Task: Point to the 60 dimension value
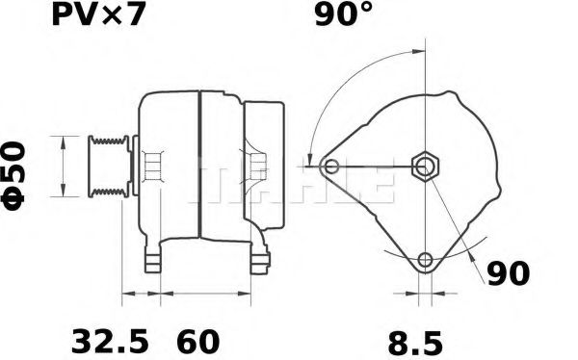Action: [x=197, y=341]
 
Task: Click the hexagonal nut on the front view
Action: [x=425, y=166]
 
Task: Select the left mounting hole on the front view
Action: [x=332, y=167]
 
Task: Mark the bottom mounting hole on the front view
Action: [x=425, y=258]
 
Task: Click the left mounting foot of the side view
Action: [x=153, y=261]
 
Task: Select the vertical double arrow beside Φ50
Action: [x=64, y=166]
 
